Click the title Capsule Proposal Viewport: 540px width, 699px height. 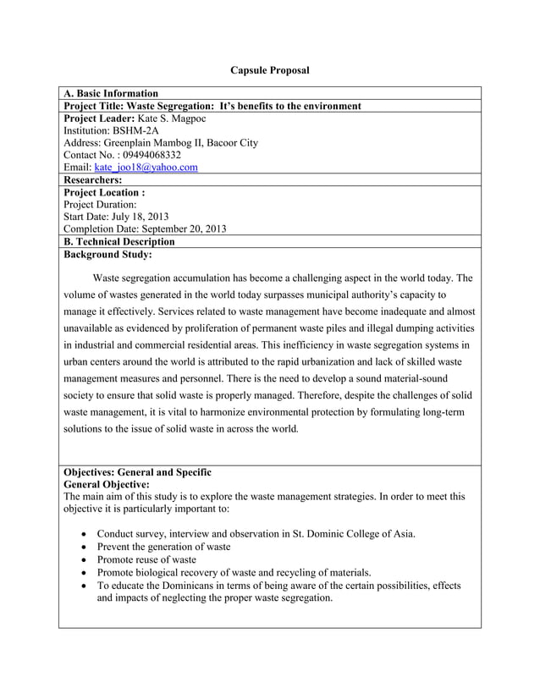tap(270, 69)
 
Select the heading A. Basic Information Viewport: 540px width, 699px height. tap(111, 93)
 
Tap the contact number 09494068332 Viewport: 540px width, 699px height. tap(148, 156)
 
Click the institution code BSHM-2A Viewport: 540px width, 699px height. tap(145, 131)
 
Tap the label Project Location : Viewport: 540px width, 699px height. tap(104, 192)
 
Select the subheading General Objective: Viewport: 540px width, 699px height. tap(107, 483)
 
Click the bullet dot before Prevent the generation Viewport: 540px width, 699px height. tap(80, 547)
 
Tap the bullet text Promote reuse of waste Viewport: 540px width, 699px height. tap(146, 559)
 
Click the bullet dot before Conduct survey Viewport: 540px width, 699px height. tap(80, 534)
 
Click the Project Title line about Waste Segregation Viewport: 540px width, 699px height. tap(212, 106)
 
